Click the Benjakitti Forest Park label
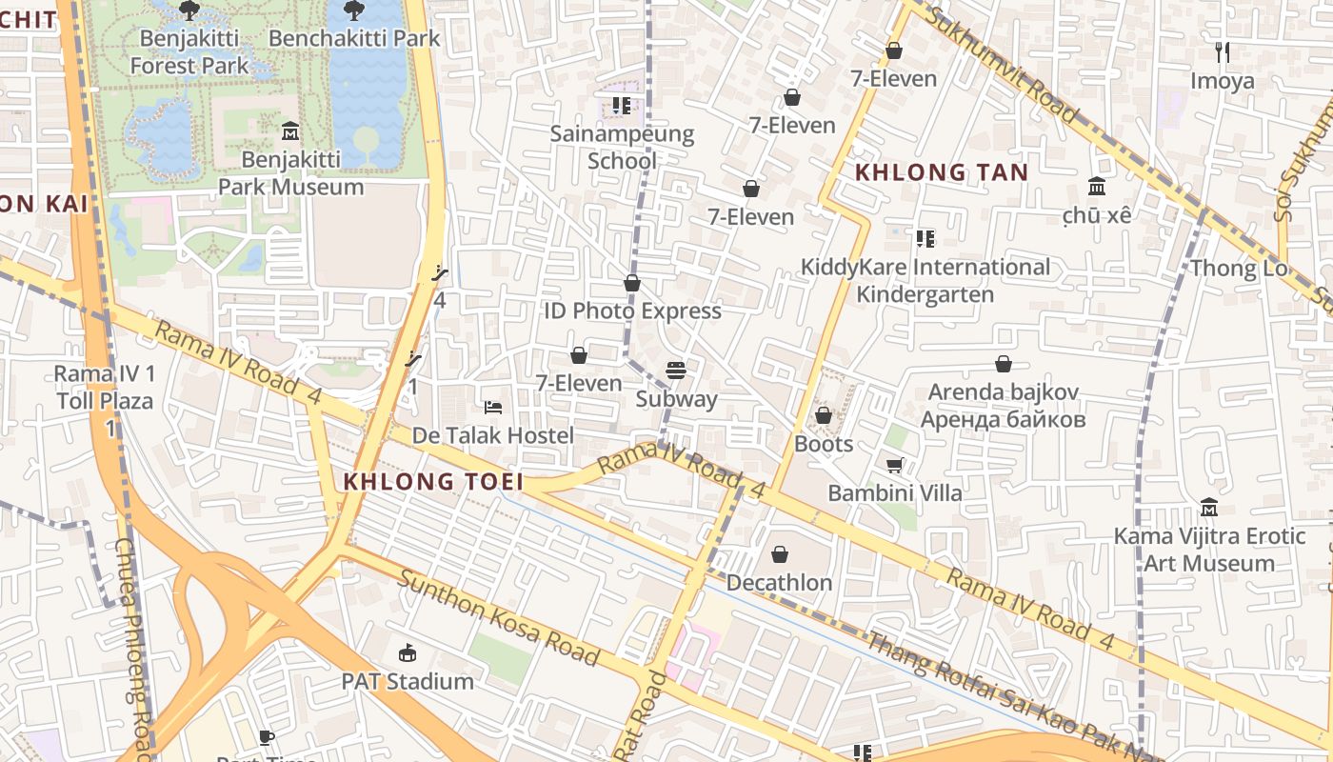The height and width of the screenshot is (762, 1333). pos(189,51)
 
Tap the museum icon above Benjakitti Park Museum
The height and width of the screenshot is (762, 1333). pos(290,130)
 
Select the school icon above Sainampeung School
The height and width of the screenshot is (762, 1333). pos(622,105)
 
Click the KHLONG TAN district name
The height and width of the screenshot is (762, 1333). pos(941,172)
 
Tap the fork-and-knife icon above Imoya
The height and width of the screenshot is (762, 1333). pos(1223,52)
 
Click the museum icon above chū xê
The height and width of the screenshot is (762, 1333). pos(1097,186)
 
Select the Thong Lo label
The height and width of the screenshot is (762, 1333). pos(1238,269)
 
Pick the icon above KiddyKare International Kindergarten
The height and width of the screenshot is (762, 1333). pos(925,238)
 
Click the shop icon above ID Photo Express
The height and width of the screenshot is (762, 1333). pos(632,283)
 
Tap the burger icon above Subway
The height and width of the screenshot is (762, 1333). pos(676,370)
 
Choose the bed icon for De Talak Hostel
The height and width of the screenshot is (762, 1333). pos(493,408)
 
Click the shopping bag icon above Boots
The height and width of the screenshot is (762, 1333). pos(824,415)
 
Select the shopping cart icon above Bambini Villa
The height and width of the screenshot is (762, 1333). pos(894,465)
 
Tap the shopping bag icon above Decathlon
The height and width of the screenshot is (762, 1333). pos(780,553)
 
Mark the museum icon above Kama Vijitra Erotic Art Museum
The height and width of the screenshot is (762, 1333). pos(1209,508)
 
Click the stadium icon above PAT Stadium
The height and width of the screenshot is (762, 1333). pos(408,652)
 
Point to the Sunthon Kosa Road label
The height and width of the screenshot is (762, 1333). pos(498,617)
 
